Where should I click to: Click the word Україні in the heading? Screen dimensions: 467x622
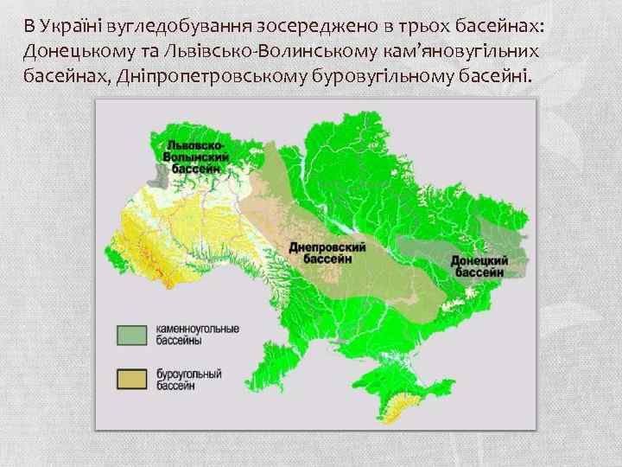tap(73, 24)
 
